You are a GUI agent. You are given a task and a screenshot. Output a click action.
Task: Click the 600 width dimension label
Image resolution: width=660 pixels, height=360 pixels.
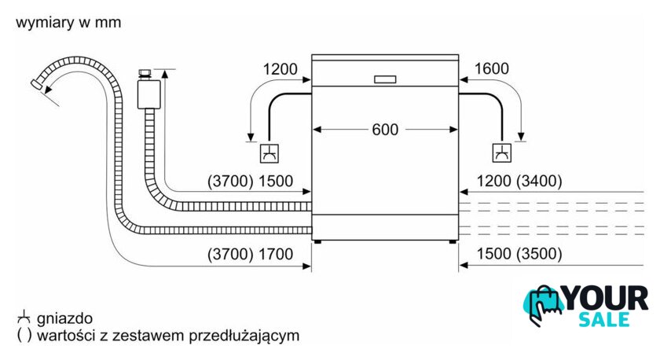tap(385, 130)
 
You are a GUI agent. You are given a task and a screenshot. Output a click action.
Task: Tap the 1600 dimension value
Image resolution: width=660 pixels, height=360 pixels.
tap(492, 68)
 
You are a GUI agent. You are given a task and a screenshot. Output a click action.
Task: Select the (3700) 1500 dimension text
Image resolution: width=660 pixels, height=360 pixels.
tap(250, 181)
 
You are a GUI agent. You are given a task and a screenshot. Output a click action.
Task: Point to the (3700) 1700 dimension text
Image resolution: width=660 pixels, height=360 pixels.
tap(250, 255)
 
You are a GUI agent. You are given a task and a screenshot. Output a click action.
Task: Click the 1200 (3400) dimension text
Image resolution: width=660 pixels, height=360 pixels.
tap(519, 181)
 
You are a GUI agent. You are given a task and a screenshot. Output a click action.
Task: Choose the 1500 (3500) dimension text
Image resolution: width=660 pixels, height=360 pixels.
tap(519, 254)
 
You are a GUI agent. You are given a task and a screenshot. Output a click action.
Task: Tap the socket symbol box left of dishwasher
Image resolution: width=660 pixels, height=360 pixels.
tap(269, 153)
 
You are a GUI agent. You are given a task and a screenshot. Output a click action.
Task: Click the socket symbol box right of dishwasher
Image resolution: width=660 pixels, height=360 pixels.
tap(502, 152)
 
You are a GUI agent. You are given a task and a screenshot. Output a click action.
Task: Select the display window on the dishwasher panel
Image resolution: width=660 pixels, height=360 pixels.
tap(385, 79)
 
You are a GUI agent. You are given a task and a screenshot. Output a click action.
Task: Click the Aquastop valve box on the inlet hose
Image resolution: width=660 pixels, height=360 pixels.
tap(148, 94)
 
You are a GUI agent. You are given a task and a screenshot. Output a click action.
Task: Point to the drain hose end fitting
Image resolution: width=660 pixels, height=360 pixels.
tap(37, 83)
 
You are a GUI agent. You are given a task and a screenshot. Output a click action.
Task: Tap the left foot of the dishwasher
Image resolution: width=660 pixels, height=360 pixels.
tap(317, 241)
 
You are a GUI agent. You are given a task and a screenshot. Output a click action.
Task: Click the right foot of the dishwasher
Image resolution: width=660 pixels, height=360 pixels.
tap(453, 241)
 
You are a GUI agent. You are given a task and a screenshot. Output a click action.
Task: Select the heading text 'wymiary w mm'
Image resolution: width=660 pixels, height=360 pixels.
tap(68, 22)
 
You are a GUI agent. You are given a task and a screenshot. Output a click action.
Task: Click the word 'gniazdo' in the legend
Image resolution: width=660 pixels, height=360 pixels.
tap(64, 319)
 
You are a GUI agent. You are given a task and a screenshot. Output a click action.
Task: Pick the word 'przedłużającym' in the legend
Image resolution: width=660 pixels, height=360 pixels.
tap(244, 336)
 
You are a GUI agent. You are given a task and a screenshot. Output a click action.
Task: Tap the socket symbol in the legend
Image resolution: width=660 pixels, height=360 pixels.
tap(24, 317)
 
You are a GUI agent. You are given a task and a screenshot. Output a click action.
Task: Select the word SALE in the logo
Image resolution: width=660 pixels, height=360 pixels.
tap(604, 320)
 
